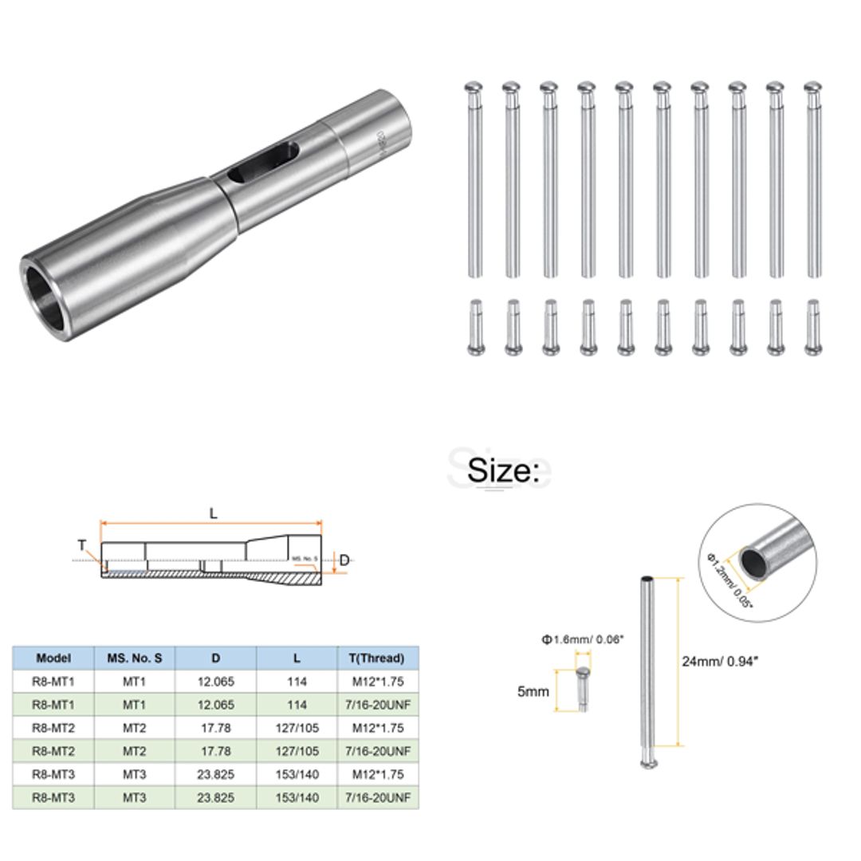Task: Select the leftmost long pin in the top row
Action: [474, 179]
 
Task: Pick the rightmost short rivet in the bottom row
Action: [812, 327]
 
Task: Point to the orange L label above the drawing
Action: [213, 514]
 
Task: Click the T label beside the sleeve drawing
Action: [82, 545]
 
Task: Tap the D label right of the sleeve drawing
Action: [344, 560]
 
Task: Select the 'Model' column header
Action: [53, 659]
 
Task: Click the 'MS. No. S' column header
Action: [135, 659]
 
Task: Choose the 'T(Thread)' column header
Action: [378, 659]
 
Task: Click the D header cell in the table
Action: [216, 659]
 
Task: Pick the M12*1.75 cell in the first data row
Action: [378, 682]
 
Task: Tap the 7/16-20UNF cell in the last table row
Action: [378, 796]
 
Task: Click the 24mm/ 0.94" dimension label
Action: [716, 661]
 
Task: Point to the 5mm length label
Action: [533, 691]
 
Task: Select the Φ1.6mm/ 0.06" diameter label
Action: [582, 639]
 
